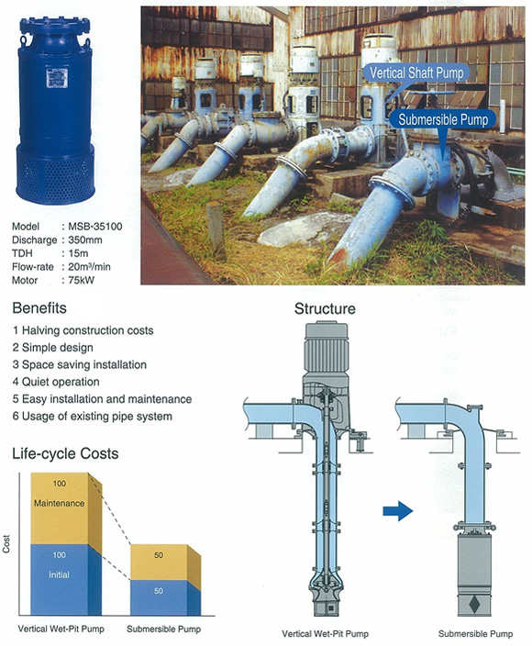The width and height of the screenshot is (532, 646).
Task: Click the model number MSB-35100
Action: (x=95, y=226)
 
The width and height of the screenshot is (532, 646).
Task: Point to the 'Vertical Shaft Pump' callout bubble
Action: (x=416, y=73)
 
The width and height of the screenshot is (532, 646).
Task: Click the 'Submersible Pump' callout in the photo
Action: (x=443, y=119)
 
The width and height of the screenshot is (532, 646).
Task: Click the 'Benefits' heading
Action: (x=39, y=307)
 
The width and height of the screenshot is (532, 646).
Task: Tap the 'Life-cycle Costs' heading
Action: (x=65, y=453)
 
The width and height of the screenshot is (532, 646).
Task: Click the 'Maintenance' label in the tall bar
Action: (x=60, y=503)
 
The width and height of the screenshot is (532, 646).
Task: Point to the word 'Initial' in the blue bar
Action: (x=59, y=574)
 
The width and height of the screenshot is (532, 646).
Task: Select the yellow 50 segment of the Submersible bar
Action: (x=159, y=562)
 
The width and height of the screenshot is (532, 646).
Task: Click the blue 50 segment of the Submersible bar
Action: (x=159, y=597)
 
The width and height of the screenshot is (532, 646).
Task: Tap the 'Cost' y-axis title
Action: (x=6, y=544)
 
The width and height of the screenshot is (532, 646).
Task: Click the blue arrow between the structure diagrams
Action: (x=398, y=511)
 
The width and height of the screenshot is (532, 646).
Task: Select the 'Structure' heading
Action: (x=325, y=308)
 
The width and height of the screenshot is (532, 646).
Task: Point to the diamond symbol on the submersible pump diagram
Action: (x=474, y=604)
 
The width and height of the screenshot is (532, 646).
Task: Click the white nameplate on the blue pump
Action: (x=57, y=78)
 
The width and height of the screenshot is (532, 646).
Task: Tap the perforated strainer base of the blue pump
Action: (x=56, y=174)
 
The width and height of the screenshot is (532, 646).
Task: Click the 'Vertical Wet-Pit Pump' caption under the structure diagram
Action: (x=325, y=634)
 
